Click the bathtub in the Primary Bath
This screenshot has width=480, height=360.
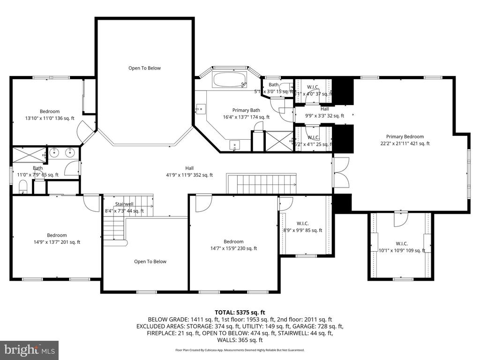(230, 80)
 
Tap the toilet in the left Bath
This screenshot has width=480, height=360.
(23, 187)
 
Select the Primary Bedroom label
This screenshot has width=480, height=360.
(405, 137)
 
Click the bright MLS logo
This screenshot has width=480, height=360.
(29, 350)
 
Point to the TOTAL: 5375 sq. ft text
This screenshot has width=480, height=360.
(240, 312)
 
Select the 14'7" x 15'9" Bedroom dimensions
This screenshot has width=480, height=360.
(233, 248)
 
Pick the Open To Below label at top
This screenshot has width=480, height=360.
(144, 68)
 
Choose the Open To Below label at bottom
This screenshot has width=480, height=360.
(150, 262)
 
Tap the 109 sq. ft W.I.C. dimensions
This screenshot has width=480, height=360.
(402, 250)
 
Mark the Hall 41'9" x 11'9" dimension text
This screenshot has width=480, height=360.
(189, 175)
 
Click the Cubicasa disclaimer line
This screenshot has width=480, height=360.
(240, 350)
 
